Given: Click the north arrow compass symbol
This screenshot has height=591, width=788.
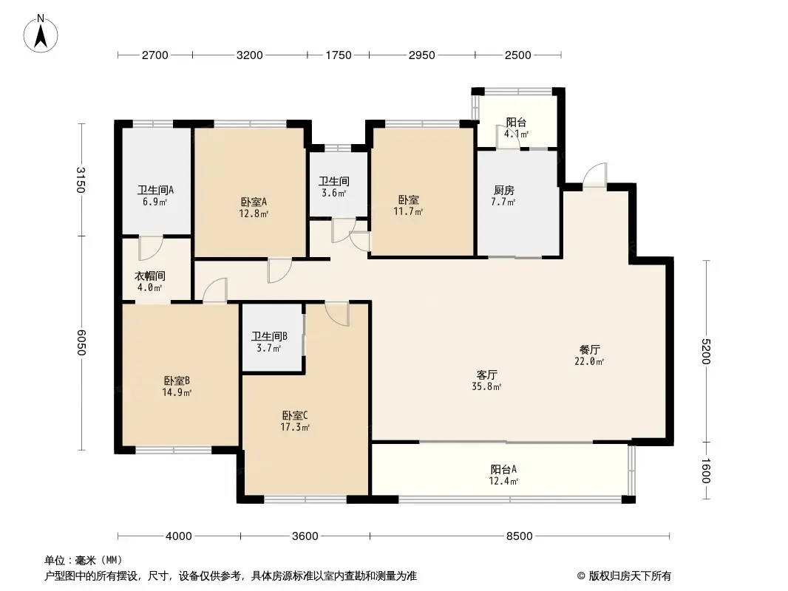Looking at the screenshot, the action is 41,33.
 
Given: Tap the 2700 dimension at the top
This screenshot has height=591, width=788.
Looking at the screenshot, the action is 154,55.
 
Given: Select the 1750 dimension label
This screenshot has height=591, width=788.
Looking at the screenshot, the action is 339,55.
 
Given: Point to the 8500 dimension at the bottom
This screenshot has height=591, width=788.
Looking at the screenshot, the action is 519,536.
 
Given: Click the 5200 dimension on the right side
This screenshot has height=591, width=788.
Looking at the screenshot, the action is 706,352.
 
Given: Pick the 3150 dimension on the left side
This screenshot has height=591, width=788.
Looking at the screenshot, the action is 81,180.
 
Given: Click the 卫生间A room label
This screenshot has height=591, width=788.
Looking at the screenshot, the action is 155,191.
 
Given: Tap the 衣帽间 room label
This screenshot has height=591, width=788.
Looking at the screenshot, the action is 150,276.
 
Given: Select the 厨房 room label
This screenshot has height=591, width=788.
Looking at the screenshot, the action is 503,191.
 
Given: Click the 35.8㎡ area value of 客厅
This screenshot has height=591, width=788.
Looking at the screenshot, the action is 486,386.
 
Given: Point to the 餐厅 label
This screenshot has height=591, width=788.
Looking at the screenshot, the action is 589,349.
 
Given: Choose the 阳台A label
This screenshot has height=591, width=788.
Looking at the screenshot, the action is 503,470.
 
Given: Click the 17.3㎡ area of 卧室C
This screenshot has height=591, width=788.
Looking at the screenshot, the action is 295,427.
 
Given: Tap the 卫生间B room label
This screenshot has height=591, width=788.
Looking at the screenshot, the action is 269,336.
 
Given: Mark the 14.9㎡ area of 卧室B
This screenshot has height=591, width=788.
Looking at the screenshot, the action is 177,392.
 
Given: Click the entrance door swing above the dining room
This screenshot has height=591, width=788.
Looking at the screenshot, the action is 594,175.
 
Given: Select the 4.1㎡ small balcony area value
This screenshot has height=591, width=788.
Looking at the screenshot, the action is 516,134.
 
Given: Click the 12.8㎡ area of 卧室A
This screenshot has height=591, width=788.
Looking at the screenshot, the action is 254,213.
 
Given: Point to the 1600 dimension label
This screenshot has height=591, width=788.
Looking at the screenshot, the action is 706,471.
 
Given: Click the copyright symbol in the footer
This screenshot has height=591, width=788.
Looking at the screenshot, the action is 581,576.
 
